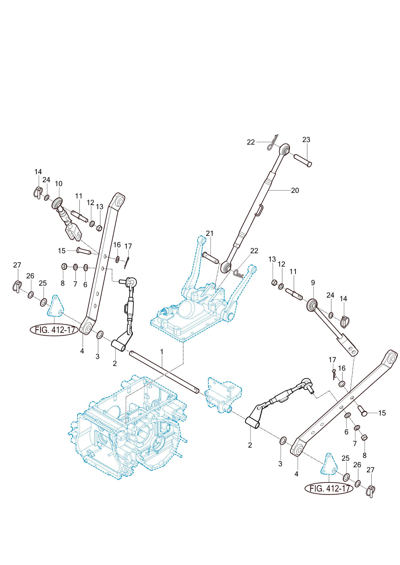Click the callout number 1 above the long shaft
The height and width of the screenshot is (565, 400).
pyautogui.click(x=162, y=352)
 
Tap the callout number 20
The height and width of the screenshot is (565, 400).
pyautogui.click(x=295, y=190)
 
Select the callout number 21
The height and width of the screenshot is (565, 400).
pyautogui.click(x=210, y=233)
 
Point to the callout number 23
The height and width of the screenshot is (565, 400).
pyautogui.click(x=306, y=140)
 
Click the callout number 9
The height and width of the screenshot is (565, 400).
pyautogui.click(x=313, y=283)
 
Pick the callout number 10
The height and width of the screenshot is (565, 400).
pyautogui.click(x=59, y=184)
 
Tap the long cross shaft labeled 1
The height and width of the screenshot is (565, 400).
pyautogui.click(x=164, y=372)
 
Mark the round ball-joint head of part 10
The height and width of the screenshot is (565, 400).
pyautogui.click(x=57, y=204)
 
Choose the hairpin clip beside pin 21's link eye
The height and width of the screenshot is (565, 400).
pyautogui.click(x=238, y=273)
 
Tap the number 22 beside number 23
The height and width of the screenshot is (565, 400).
pyautogui.click(x=251, y=142)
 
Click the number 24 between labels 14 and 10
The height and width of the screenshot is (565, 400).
pyautogui.click(x=46, y=180)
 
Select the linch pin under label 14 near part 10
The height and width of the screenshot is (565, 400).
pyautogui.click(x=38, y=193)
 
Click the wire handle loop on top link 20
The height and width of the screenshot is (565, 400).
pyautogui.click(x=259, y=210)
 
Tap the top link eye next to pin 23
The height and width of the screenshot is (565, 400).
pyautogui.click(x=285, y=149)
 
